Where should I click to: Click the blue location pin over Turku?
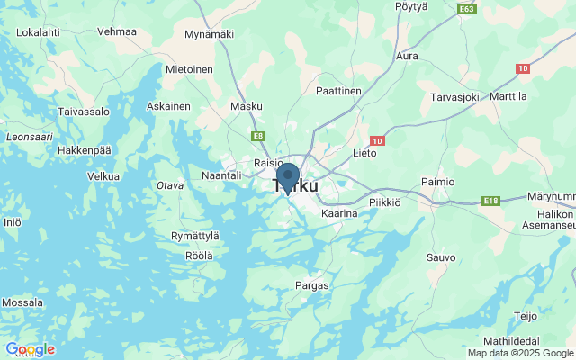pyautogui.click(x=288, y=175)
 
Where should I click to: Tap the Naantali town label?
pyautogui.click(x=221, y=175)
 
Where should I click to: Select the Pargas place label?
pyautogui.click(x=312, y=285)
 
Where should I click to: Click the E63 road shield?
pyautogui.click(x=466, y=9)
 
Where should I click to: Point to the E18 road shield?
pyautogui.click(x=490, y=201)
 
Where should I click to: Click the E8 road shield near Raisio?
pyautogui.click(x=258, y=136)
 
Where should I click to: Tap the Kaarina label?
pyautogui.click(x=339, y=213)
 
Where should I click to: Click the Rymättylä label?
pyautogui.click(x=194, y=236)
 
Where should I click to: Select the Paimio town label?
pyautogui.click(x=437, y=182)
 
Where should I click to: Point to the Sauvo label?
pyautogui.click(x=441, y=257)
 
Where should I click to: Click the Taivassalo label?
pyautogui.click(x=84, y=112)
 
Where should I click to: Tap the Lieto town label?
pyautogui.click(x=364, y=154)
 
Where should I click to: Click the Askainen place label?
pyautogui.click(x=168, y=106)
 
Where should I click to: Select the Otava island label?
pyautogui.click(x=170, y=185)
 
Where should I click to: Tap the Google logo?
pyautogui.click(x=30, y=349)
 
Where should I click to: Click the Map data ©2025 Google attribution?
pyautogui.click(x=519, y=353)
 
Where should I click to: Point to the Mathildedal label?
pyautogui.click(x=524, y=341)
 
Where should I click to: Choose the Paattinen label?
pyautogui.click(x=338, y=92)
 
